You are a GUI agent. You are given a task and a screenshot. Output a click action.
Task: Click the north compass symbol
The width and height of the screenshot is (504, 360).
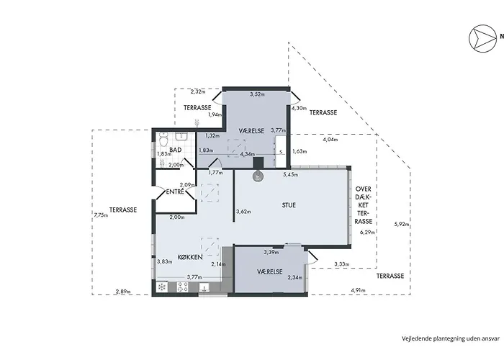point(482,38)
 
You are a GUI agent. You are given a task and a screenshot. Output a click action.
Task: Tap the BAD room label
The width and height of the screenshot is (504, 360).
point(176,150)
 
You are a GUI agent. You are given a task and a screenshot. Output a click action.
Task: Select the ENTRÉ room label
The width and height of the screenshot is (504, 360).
point(175,192)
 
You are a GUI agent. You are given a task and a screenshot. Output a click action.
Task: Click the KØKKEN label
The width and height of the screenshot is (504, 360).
point(190,257)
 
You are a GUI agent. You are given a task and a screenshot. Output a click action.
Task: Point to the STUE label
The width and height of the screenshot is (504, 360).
point(289,205)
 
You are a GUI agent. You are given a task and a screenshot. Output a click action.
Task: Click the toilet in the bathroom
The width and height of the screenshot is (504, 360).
point(163,140)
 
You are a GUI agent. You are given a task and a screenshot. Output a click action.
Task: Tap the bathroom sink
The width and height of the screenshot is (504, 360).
point(181,137)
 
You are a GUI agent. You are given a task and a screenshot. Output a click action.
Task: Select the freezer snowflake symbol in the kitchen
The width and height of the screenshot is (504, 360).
point(162,287)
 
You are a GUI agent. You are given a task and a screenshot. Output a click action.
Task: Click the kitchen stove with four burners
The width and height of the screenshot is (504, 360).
point(183,287)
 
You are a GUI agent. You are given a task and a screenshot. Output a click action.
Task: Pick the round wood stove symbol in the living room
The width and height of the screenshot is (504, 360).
point(258,176)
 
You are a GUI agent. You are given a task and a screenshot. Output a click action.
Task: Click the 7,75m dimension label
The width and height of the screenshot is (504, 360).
point(101,215)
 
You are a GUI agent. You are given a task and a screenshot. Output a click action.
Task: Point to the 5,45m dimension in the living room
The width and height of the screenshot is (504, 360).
point(291,174)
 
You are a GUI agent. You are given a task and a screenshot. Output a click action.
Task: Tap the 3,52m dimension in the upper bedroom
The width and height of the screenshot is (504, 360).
point(257,94)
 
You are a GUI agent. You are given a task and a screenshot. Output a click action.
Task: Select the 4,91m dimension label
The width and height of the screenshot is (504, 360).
point(358,290)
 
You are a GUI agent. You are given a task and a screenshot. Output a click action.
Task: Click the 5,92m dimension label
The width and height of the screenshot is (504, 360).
point(402,225)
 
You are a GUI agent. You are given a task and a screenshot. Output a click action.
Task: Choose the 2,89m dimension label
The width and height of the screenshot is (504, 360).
point(123,292)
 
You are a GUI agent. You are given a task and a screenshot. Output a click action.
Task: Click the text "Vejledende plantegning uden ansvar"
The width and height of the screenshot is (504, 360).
point(451,338)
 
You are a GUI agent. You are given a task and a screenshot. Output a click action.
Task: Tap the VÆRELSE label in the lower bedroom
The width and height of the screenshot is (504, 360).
point(270,271)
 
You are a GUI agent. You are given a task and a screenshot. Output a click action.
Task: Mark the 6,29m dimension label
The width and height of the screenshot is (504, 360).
point(367,232)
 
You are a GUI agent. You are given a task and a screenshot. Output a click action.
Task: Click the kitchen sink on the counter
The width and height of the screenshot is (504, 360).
point(204,287)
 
